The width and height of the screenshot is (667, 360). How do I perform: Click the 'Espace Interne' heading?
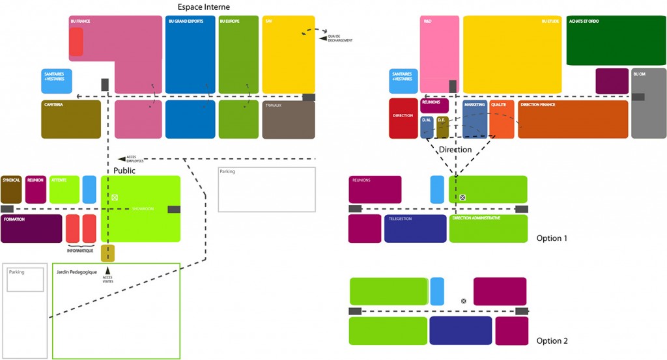[x=203, y=7]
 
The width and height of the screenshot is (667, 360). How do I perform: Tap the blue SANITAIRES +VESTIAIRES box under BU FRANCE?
[x=56, y=81]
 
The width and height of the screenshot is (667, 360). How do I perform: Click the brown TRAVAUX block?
[x=289, y=120]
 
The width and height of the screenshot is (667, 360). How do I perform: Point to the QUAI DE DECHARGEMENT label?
[x=341, y=38]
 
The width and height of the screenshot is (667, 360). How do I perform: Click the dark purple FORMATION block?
[x=31, y=228]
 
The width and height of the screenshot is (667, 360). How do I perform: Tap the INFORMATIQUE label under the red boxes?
[x=81, y=250]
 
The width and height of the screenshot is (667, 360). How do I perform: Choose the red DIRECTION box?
[x=403, y=118]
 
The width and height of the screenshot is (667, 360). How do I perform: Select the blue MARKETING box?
[x=475, y=118]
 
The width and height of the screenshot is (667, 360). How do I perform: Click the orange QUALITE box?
[x=502, y=118]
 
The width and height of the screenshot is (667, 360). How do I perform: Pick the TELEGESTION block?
[x=415, y=228]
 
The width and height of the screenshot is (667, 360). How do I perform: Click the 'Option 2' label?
[x=552, y=341]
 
